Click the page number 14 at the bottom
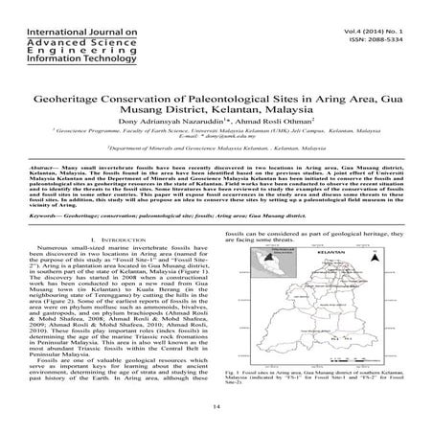point(217,407)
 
